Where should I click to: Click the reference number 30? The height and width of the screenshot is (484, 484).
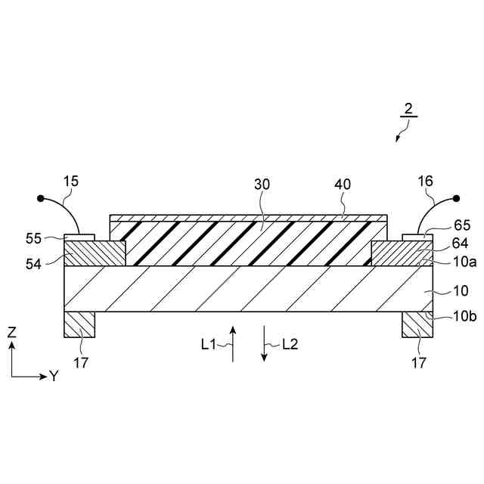tap(262, 184)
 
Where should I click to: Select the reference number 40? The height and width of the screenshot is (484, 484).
tap(343, 184)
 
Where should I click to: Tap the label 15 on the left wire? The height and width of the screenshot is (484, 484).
tap(71, 181)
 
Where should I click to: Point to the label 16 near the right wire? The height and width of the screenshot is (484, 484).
tap(425, 181)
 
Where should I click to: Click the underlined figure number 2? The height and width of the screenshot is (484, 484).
tap(408, 109)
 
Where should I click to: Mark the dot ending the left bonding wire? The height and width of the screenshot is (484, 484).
tap(40, 200)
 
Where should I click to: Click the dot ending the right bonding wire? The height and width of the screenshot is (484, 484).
tap(457, 200)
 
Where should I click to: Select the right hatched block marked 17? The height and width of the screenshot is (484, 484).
tap(417, 324)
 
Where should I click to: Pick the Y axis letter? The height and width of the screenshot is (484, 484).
tap(54, 375)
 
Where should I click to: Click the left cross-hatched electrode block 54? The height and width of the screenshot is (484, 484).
tap(95, 253)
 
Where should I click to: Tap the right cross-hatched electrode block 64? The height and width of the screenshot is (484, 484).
tap(402, 253)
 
